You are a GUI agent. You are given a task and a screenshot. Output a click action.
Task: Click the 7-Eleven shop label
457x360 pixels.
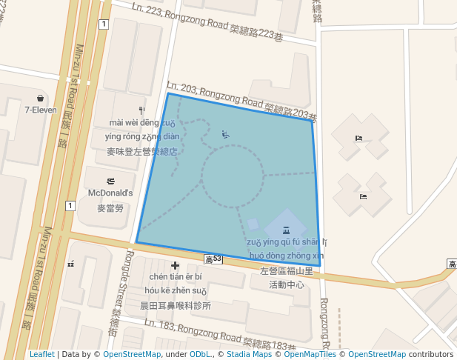pos(41,110)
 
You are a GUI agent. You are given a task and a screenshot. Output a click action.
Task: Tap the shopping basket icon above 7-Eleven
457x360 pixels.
pos(40,98)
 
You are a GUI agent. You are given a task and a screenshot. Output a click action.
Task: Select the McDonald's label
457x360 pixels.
pos(110,193)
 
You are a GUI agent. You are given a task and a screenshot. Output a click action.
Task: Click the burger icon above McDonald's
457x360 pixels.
pos(110,181)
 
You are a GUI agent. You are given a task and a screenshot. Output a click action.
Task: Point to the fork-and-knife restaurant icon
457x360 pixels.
pos(141,109)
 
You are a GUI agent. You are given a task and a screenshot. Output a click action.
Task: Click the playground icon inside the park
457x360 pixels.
pos(226,134)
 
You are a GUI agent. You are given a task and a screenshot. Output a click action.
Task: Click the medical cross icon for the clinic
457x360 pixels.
pos(176,265)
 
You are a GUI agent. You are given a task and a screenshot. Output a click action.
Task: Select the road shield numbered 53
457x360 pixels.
pos(213,259)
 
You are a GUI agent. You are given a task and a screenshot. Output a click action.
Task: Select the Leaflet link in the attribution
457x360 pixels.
pos(41,354)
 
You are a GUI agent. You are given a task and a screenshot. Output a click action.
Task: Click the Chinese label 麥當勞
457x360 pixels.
pos(110,208)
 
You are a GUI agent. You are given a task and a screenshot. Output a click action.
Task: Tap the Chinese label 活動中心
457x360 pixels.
pos(287,284)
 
